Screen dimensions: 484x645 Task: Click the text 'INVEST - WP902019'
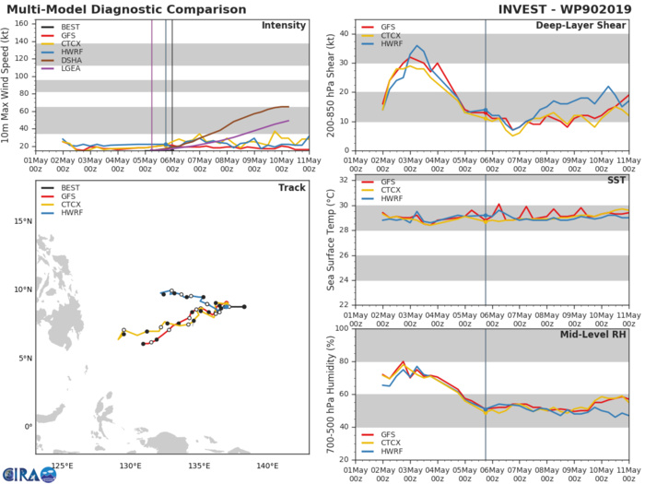pos(563,8)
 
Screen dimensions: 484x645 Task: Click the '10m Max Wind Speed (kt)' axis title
pos(7,89)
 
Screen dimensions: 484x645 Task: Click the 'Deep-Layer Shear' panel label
pos(587,25)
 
